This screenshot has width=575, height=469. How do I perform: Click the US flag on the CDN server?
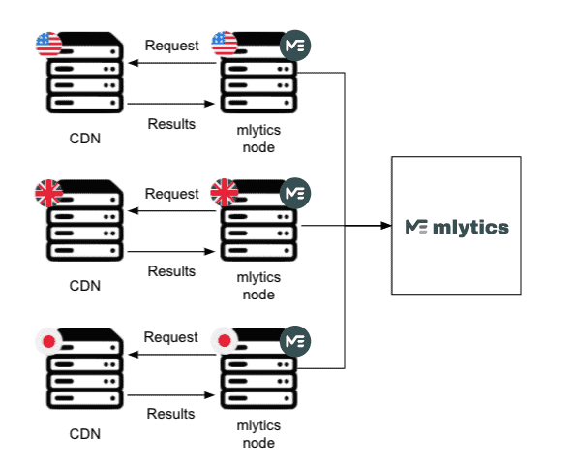coord(48,45)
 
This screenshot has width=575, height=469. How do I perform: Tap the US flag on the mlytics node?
coord(224,44)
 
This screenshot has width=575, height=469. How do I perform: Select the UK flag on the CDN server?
coord(48,193)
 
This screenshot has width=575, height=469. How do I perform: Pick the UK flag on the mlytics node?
coord(224,192)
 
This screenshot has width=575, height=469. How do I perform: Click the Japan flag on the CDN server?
coord(48,342)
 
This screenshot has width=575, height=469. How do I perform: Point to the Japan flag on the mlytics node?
coord(224,340)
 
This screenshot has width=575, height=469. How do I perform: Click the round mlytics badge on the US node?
coord(295,46)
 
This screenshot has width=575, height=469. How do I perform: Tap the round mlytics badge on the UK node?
coord(295,194)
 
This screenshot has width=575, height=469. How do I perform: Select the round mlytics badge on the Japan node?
coord(295,341)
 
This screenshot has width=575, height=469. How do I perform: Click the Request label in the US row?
coord(171,46)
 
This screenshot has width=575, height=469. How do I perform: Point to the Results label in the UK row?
coord(171,271)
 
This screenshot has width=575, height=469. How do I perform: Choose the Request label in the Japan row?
coord(171,337)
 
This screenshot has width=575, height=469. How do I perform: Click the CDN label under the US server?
coord(85,139)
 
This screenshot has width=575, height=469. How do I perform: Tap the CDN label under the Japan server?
coord(85,434)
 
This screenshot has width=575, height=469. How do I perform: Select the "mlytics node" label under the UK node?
coord(258,286)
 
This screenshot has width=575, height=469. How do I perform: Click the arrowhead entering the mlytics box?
coord(386,226)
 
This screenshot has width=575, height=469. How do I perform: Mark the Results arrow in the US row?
coord(171,104)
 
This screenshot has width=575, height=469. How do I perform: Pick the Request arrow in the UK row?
coord(171,211)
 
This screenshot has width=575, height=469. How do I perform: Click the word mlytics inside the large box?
coord(470,227)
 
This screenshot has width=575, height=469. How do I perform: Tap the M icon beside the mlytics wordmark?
coord(416,227)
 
